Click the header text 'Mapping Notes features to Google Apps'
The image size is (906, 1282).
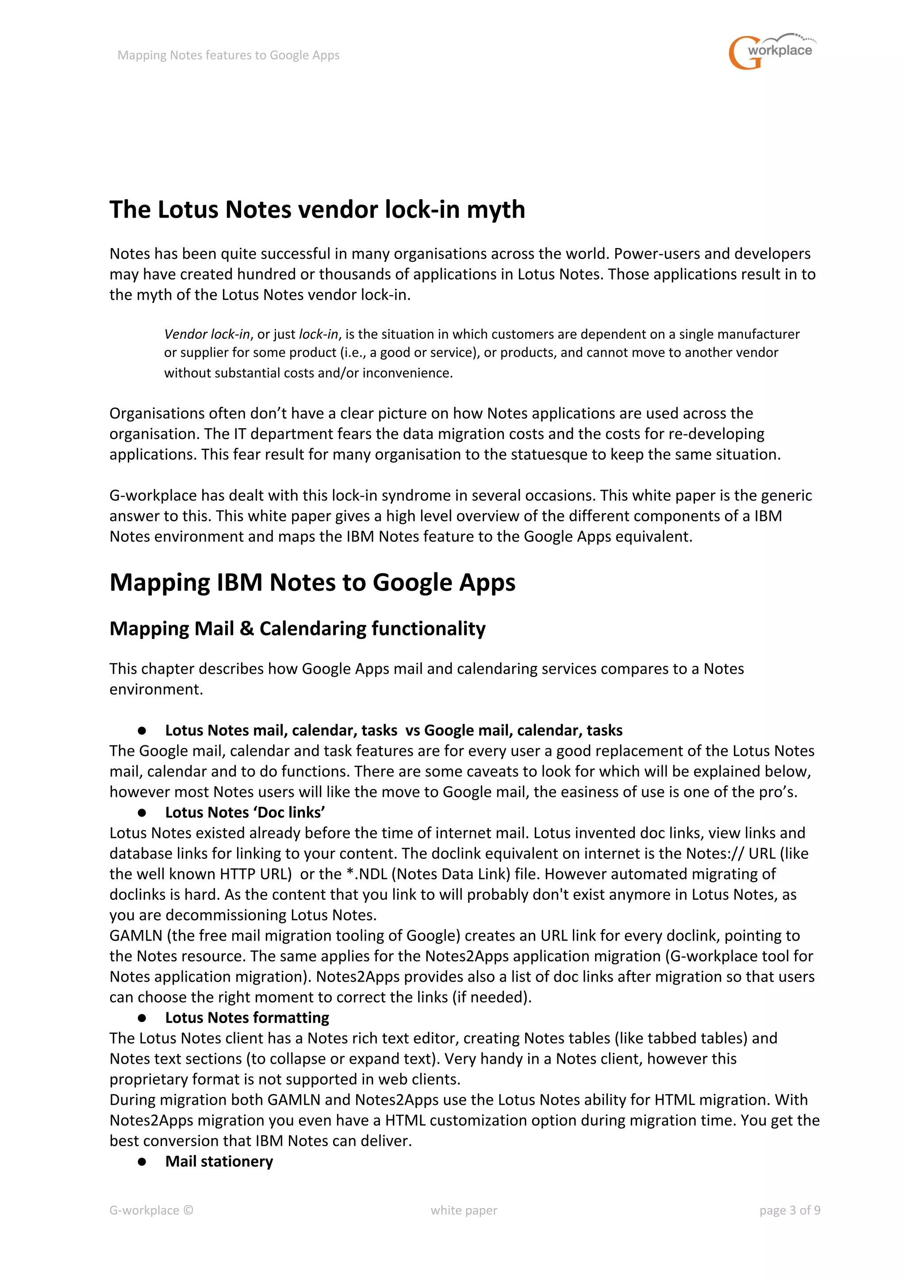click(228, 55)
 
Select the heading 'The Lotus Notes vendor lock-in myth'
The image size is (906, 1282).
click(317, 210)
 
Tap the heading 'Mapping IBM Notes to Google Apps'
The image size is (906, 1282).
click(312, 582)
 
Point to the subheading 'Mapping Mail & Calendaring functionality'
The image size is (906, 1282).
click(297, 629)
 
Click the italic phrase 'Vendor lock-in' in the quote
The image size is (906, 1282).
click(207, 334)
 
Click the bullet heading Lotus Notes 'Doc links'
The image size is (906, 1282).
click(245, 813)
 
